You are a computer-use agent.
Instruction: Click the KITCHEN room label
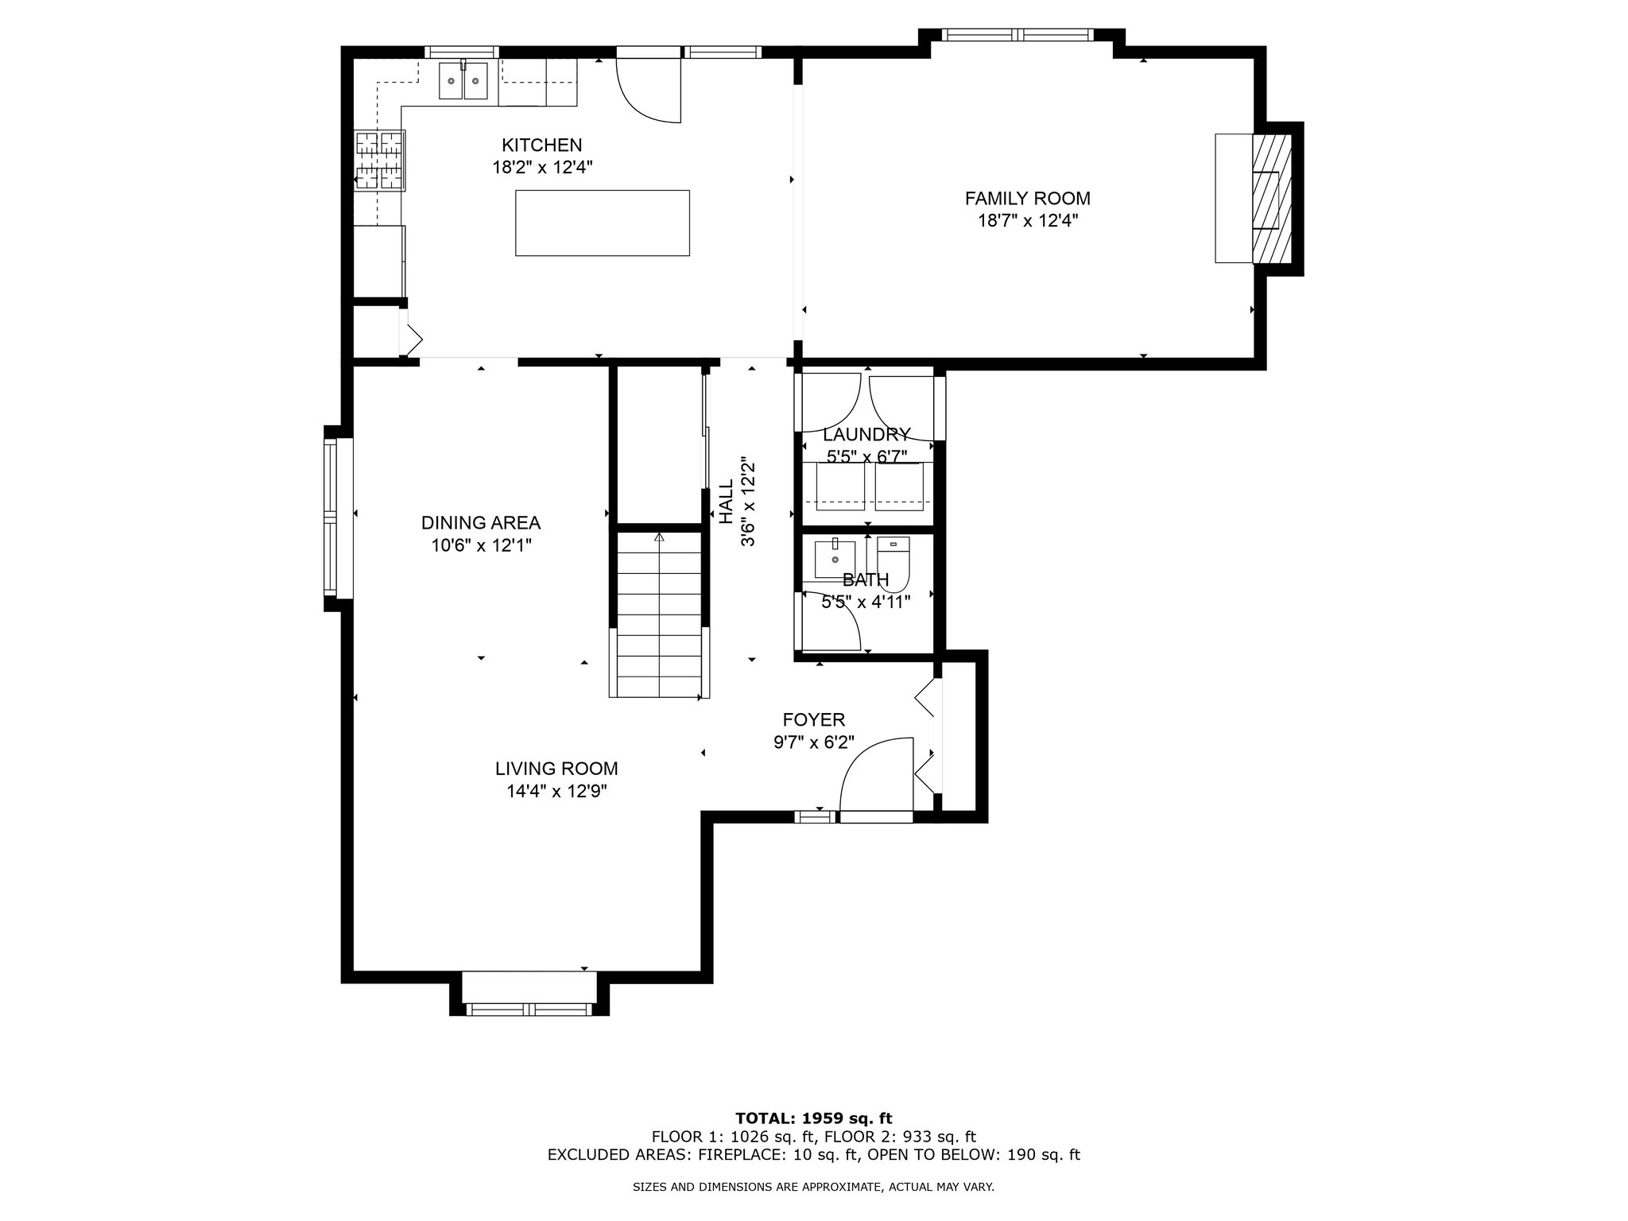point(541,145)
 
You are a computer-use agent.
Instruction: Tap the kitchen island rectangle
point(603,223)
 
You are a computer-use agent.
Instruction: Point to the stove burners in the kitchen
point(380,161)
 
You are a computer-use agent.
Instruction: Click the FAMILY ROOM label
point(1027,199)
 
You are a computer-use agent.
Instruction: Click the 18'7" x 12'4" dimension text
point(1027,220)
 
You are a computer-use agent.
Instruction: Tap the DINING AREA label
point(481,523)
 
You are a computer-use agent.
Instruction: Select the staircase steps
point(659,614)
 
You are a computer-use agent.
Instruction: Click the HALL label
point(726,502)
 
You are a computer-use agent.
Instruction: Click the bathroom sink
point(835,559)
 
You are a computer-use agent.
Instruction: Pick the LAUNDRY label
point(866,435)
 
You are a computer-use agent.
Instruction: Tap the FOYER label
point(813,720)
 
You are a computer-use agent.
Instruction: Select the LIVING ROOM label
point(556,769)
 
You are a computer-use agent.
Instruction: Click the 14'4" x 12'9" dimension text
point(556,791)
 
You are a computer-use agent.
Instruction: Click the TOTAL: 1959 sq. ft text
point(813,1118)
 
